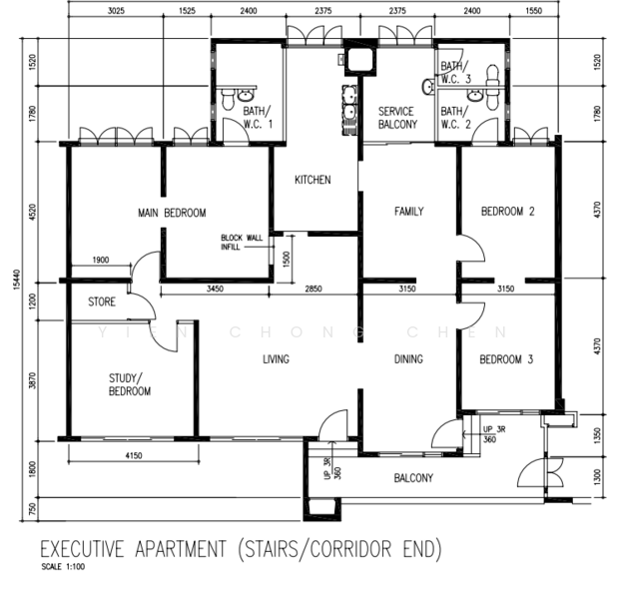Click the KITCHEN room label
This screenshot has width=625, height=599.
pyautogui.click(x=312, y=180)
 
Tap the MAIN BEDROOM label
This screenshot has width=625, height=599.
pyautogui.click(x=172, y=213)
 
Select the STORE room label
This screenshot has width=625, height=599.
pyautogui.click(x=102, y=301)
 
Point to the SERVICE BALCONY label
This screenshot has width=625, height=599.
pyautogui.click(x=397, y=118)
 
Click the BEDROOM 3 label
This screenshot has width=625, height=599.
pyautogui.click(x=506, y=359)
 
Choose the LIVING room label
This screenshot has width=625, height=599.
pyautogui.click(x=276, y=359)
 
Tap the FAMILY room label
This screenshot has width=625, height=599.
pyautogui.click(x=409, y=212)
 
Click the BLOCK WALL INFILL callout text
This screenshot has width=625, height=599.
pyautogui.click(x=242, y=243)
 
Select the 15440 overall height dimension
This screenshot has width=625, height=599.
pyautogui.click(x=16, y=280)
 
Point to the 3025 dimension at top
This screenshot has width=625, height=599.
pyautogui.click(x=116, y=11)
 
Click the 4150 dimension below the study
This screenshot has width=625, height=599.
pyautogui.click(x=134, y=455)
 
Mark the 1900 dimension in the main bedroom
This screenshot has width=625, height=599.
pyautogui.click(x=101, y=260)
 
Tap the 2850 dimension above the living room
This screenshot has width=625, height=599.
pyautogui.click(x=313, y=289)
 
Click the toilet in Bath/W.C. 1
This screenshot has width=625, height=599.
pyautogui.click(x=228, y=99)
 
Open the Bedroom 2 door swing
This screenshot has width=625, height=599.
pyautogui.click(x=472, y=248)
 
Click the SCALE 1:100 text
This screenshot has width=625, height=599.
pyautogui.click(x=63, y=567)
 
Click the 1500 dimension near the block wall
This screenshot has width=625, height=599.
pyautogui.click(x=287, y=259)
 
